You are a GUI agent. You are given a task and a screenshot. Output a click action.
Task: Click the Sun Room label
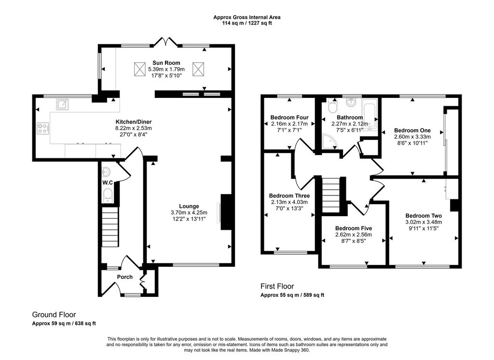[166, 63]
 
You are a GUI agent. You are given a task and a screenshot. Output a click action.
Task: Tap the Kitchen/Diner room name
[134, 122]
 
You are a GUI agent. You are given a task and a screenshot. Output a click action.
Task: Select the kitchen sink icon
[62, 104]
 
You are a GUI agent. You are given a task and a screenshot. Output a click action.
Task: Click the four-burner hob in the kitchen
[43, 129]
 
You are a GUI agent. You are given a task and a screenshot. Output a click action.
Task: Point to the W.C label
[108, 183]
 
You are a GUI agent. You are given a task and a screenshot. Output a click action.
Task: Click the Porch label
[125, 277]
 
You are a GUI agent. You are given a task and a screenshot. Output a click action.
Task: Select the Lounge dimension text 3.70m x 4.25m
[189, 213]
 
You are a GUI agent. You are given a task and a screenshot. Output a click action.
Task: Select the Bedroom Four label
[289, 118]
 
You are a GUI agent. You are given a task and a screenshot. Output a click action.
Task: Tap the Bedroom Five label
[354, 228]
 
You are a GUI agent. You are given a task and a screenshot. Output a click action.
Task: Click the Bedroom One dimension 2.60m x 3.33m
[412, 137]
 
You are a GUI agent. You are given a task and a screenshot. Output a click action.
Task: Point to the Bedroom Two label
[424, 216]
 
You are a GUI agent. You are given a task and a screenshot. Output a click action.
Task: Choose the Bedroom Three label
[289, 196]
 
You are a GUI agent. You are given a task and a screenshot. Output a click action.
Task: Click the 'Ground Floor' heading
[54, 315]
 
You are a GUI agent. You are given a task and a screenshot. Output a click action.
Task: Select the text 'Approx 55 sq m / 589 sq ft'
[292, 295]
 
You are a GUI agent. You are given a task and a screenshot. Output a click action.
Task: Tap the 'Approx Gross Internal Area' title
[247, 17]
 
